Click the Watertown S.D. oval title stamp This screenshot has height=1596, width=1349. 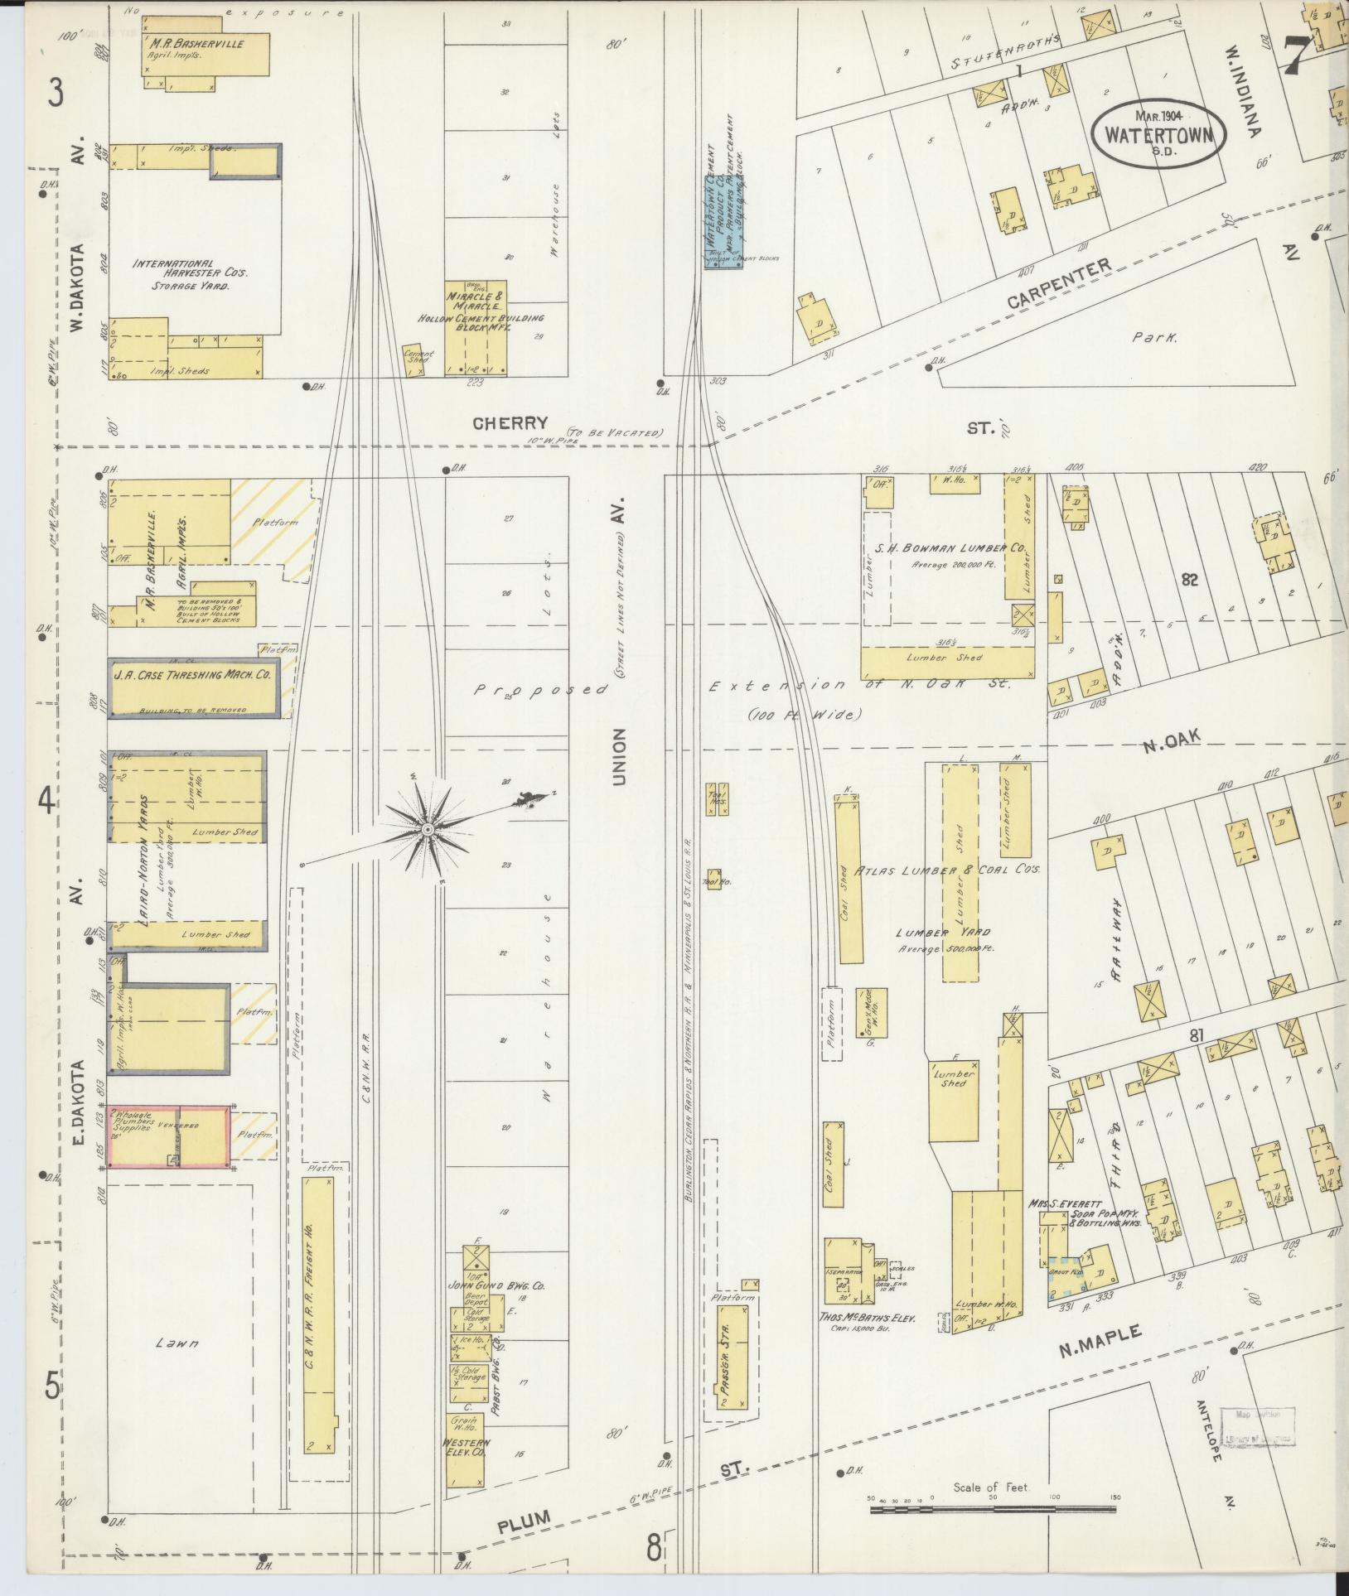(1158, 134)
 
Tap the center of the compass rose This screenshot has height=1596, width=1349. (427, 829)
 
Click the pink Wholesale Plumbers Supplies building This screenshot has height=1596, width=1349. (169, 1136)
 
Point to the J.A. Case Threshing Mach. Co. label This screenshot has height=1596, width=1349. (191, 675)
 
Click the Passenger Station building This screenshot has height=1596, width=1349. (733, 1356)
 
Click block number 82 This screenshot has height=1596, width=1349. (1190, 580)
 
